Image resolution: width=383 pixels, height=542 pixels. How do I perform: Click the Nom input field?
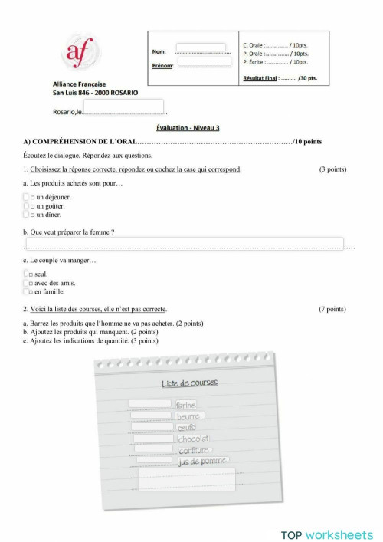tap(201, 48)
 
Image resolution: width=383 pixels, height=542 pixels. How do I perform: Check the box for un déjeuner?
tap(26, 197)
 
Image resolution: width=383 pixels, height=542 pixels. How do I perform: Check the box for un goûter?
tap(26, 205)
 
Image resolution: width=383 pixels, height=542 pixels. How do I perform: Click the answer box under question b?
tap(184, 243)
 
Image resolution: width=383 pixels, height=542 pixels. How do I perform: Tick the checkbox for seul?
tap(26, 274)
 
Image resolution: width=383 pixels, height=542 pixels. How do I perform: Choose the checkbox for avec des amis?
tap(26, 282)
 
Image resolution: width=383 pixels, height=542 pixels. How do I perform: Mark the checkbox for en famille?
tap(26, 291)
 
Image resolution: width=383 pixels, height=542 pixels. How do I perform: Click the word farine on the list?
tap(185, 404)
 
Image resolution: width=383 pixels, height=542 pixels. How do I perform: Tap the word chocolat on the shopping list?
tap(193, 439)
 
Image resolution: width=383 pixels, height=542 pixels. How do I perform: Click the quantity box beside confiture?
tap(155, 450)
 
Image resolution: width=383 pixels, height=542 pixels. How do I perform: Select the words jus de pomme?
tap(203, 462)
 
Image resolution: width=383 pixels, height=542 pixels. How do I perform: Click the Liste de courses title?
tap(190, 383)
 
